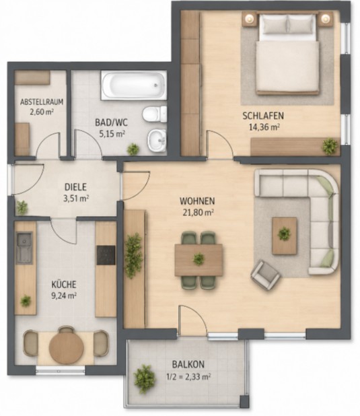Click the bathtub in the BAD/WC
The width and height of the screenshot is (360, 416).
click(x=134, y=85)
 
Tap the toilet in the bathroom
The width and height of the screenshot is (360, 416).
click(x=155, y=114)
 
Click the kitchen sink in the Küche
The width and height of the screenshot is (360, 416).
click(x=24, y=248)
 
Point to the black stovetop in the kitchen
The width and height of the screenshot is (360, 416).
click(x=106, y=255)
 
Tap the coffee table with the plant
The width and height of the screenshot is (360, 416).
click(x=285, y=236)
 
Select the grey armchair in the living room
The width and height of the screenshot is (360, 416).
click(x=266, y=275)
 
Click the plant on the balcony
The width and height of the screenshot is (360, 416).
click(x=145, y=379)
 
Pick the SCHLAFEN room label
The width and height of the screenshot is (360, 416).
click(x=263, y=116)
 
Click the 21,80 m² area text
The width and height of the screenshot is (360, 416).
click(x=199, y=213)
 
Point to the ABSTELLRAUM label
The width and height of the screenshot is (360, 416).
click(x=42, y=102)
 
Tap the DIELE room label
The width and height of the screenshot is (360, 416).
click(x=75, y=187)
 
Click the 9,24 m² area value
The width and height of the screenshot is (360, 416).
click(x=64, y=296)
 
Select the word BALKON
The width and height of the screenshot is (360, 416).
click(x=188, y=364)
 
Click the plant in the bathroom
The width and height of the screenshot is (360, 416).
click(x=133, y=149)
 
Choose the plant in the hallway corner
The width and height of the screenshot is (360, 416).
click(x=22, y=207)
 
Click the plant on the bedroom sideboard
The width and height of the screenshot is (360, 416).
click(x=330, y=145)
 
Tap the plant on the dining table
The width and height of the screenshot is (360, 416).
click(x=199, y=259)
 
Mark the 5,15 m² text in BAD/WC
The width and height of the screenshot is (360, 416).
click(x=112, y=134)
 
